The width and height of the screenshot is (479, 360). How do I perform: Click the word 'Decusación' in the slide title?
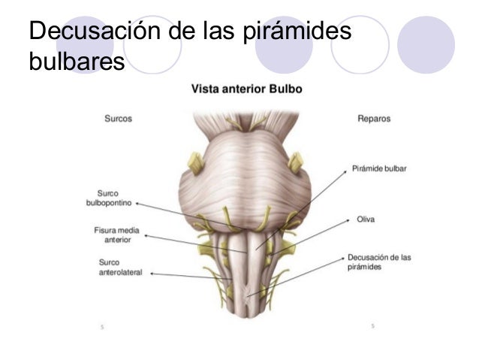click(x=95, y=31)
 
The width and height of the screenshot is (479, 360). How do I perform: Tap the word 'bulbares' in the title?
click(x=77, y=61)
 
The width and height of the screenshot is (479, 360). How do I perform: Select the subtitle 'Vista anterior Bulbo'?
click(x=247, y=89)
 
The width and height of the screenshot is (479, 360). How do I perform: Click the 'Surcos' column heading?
click(x=118, y=118)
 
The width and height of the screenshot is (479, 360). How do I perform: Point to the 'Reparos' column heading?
click(x=374, y=118)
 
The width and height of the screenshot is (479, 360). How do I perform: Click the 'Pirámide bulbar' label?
click(x=379, y=168)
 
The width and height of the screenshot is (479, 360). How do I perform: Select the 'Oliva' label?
click(x=366, y=219)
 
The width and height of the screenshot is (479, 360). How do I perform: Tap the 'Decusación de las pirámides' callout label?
click(x=379, y=262)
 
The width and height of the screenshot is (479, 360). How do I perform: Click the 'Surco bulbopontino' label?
click(x=109, y=198)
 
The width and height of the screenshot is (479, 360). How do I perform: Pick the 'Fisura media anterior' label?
click(x=116, y=235)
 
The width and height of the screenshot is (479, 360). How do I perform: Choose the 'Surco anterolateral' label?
click(x=120, y=268)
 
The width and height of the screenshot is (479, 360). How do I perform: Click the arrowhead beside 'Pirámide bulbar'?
click(x=345, y=171)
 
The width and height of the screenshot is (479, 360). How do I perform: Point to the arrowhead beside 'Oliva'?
click(x=348, y=220)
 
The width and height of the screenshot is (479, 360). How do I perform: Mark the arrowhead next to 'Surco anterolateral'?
click(x=152, y=274)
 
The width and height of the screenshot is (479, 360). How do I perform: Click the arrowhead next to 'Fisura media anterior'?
click(x=146, y=235)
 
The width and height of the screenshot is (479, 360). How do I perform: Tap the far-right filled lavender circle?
click(x=426, y=44)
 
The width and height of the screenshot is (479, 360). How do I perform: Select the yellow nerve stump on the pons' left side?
click(x=195, y=163)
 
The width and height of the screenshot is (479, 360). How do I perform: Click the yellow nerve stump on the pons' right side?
click(x=295, y=162)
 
